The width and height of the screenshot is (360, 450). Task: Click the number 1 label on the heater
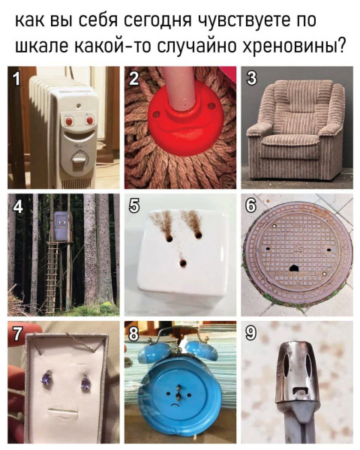[16, 78]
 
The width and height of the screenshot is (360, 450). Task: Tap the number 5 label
[135, 205]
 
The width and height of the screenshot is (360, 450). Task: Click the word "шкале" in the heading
[46, 46]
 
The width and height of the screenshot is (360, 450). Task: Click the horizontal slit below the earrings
[65, 411]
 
